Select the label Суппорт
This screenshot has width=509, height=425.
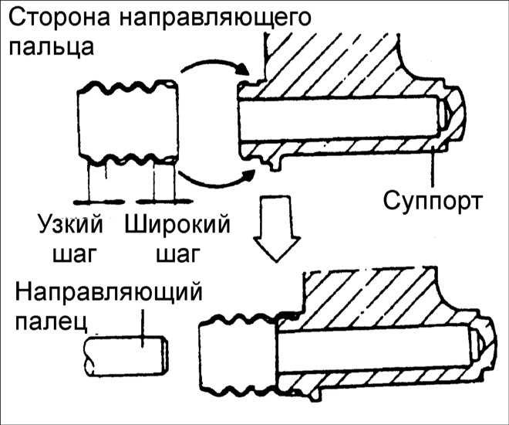click(434, 202)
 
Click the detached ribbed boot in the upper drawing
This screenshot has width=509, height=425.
click(127, 124)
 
